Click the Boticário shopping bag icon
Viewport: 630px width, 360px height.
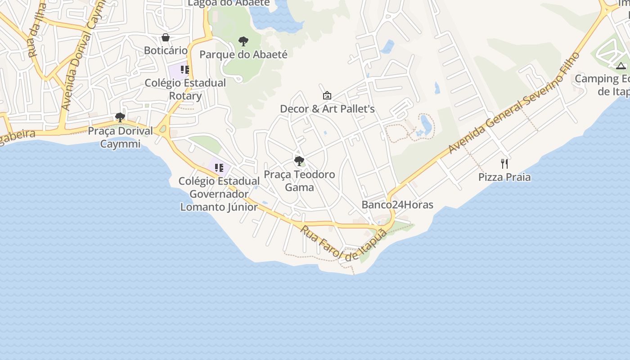point(166,37)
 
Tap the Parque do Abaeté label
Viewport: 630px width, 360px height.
point(243,54)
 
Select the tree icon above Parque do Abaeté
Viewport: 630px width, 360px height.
point(243,42)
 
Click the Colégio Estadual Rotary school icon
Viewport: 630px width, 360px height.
point(184,70)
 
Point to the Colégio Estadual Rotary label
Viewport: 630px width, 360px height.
point(185,90)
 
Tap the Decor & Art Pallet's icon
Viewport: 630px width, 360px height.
point(327,95)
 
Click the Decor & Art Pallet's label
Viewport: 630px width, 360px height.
point(327,109)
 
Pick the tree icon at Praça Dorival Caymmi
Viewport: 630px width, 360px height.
point(120,117)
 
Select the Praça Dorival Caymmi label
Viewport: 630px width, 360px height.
point(120,137)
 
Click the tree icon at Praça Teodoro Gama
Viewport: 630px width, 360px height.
point(299,161)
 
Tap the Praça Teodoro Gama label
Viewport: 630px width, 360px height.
point(299,180)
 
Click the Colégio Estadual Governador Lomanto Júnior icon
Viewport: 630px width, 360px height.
point(219,168)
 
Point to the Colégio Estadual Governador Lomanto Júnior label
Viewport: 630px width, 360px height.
point(219,194)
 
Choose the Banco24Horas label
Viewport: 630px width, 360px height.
point(397,205)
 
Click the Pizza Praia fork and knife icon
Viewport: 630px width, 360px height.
point(504,164)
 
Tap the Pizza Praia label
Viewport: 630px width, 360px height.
point(504,177)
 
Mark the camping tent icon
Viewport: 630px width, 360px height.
point(621,66)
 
